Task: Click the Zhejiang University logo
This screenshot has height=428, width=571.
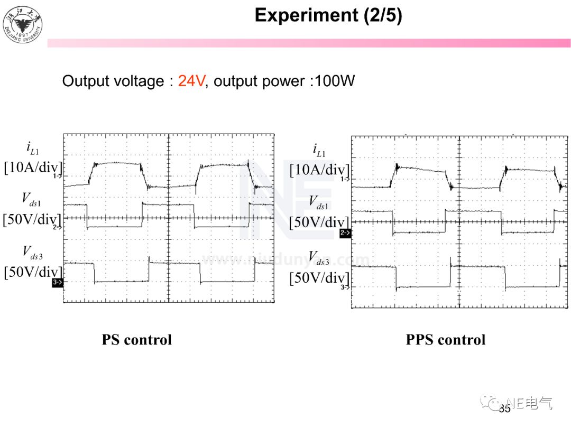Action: [x=23, y=25]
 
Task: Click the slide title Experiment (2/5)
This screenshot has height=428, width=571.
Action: [x=328, y=15]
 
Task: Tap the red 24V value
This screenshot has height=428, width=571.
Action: [x=191, y=81]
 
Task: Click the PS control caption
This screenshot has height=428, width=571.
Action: [x=136, y=339]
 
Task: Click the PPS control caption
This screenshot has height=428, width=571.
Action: [x=445, y=339]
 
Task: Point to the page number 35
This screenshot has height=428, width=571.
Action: [x=505, y=408]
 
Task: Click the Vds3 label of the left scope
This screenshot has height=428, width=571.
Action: [x=32, y=253]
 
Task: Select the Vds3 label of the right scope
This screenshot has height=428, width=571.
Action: [x=319, y=258]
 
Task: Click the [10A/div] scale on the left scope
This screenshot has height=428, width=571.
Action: [x=32, y=168]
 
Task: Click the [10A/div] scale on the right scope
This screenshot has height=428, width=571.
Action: [x=319, y=170]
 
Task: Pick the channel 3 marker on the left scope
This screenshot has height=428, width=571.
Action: [x=58, y=283]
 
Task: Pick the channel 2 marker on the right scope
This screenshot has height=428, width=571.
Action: [x=345, y=232]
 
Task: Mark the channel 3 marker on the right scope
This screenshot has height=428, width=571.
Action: [x=345, y=287]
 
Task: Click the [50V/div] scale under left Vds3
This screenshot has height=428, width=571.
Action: [x=32, y=273]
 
